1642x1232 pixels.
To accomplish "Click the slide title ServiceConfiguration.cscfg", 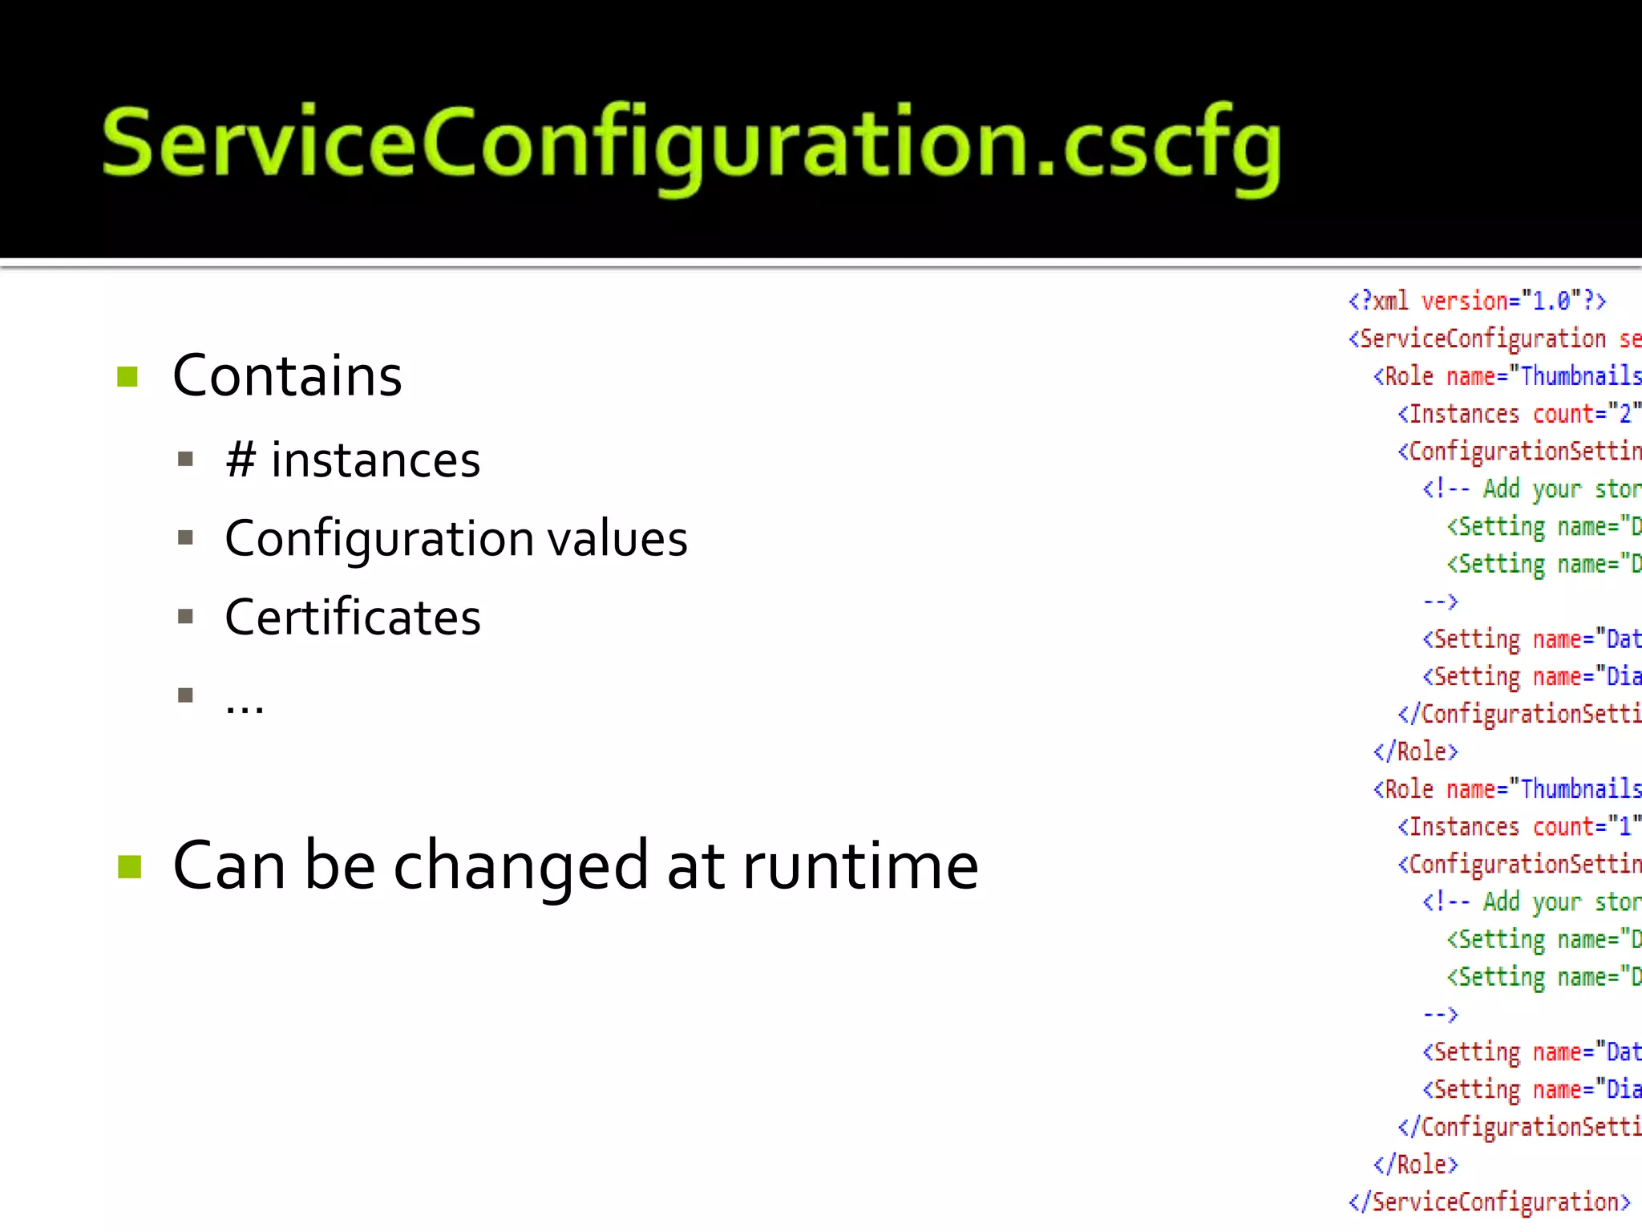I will coord(691,144).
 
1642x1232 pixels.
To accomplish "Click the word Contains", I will coord(287,375).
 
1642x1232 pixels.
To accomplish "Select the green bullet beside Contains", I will coord(127,376).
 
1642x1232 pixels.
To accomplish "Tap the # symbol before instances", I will coord(241,460).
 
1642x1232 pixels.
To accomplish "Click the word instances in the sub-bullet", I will coord(375,460).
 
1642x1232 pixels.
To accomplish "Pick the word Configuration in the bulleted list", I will coord(378,538).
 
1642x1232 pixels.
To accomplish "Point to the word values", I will coord(617,538).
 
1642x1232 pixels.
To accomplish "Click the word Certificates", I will coord(353,617).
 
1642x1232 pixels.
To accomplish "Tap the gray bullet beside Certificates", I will coord(186,617).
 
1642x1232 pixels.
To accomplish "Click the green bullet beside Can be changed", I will coord(129,866).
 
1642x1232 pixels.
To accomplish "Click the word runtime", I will coord(860,866).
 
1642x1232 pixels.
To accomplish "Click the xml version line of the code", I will coord(1477,301).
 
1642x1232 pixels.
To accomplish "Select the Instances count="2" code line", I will coord(1519,414).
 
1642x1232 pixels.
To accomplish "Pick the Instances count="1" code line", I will coord(1519,826).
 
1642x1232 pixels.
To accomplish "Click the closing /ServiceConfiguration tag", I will coord(1489,1202).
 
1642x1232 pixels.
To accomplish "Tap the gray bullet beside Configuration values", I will coord(186,538).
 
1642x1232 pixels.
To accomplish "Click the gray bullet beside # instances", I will coord(186,460).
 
